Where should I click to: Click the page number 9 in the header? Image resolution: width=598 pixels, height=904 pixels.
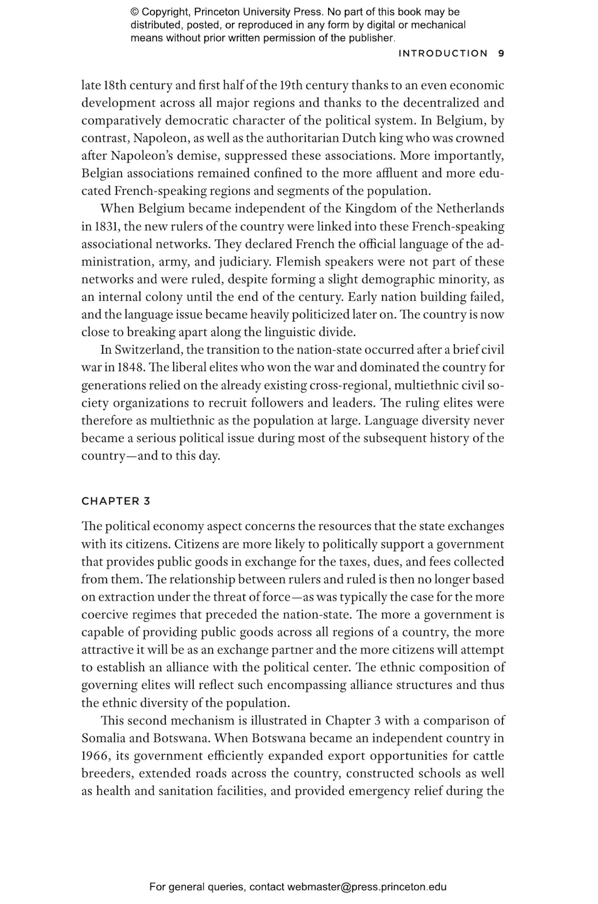(x=501, y=53)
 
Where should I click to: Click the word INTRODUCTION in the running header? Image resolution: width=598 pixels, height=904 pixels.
(x=443, y=53)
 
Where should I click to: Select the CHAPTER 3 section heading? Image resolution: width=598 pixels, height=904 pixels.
(x=116, y=501)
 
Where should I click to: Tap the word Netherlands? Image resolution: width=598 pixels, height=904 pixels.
(x=470, y=209)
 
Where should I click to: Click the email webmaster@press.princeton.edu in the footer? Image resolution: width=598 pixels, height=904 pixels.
(x=366, y=887)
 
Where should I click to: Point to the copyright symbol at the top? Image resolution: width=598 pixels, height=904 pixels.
(x=134, y=12)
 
